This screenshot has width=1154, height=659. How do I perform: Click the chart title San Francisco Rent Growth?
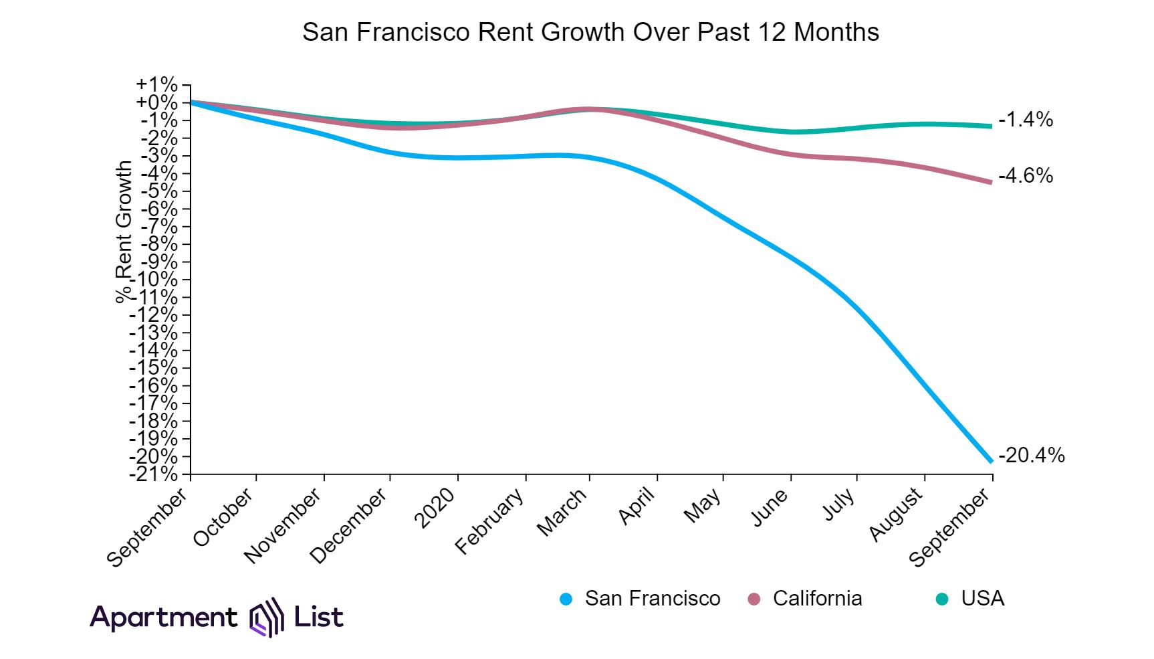590,32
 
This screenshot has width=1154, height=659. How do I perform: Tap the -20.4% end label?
1031,456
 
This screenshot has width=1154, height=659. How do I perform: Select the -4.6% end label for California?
1026,176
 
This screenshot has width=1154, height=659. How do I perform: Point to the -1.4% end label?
1026,120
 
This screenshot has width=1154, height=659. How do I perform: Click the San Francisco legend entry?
652,598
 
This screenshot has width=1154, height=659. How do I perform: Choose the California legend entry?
817,598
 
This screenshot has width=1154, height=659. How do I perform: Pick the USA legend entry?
982,598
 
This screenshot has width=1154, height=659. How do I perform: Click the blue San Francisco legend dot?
566,599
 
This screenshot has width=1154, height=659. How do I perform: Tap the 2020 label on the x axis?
436,508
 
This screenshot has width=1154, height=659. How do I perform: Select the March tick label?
563,512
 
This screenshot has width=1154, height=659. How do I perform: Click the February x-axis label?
490,522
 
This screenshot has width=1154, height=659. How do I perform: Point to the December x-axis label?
349,526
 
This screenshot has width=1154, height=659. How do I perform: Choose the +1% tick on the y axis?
157,85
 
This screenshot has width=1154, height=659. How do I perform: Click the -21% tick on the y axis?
154,474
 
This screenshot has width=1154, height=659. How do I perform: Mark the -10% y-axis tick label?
154,280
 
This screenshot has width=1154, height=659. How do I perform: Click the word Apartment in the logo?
163,617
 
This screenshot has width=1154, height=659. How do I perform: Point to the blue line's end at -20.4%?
990,461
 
